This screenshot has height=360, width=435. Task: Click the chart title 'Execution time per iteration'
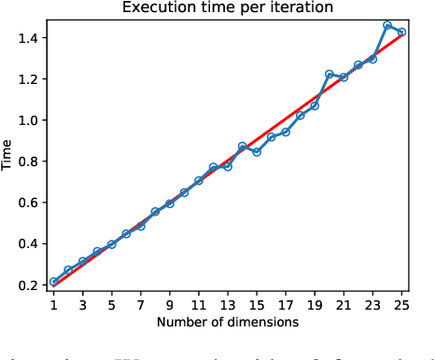point(227,8)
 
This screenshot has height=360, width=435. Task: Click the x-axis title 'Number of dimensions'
point(227,322)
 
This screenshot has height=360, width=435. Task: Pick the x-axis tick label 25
point(401,304)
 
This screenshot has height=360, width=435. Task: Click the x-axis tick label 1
point(53,304)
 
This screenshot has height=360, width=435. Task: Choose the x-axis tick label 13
point(228,304)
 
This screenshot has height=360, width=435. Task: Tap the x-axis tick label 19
point(315,304)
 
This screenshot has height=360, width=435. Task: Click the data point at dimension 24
point(387,25)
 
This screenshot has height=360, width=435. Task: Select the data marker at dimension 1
point(53,282)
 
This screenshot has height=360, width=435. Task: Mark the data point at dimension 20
point(330,74)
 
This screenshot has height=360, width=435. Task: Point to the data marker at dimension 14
point(242,146)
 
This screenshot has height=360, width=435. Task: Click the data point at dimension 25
point(401,32)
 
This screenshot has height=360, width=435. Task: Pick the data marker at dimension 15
point(257,151)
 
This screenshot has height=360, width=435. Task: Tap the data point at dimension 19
point(315,105)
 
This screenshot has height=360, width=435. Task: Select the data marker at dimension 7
point(140,226)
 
